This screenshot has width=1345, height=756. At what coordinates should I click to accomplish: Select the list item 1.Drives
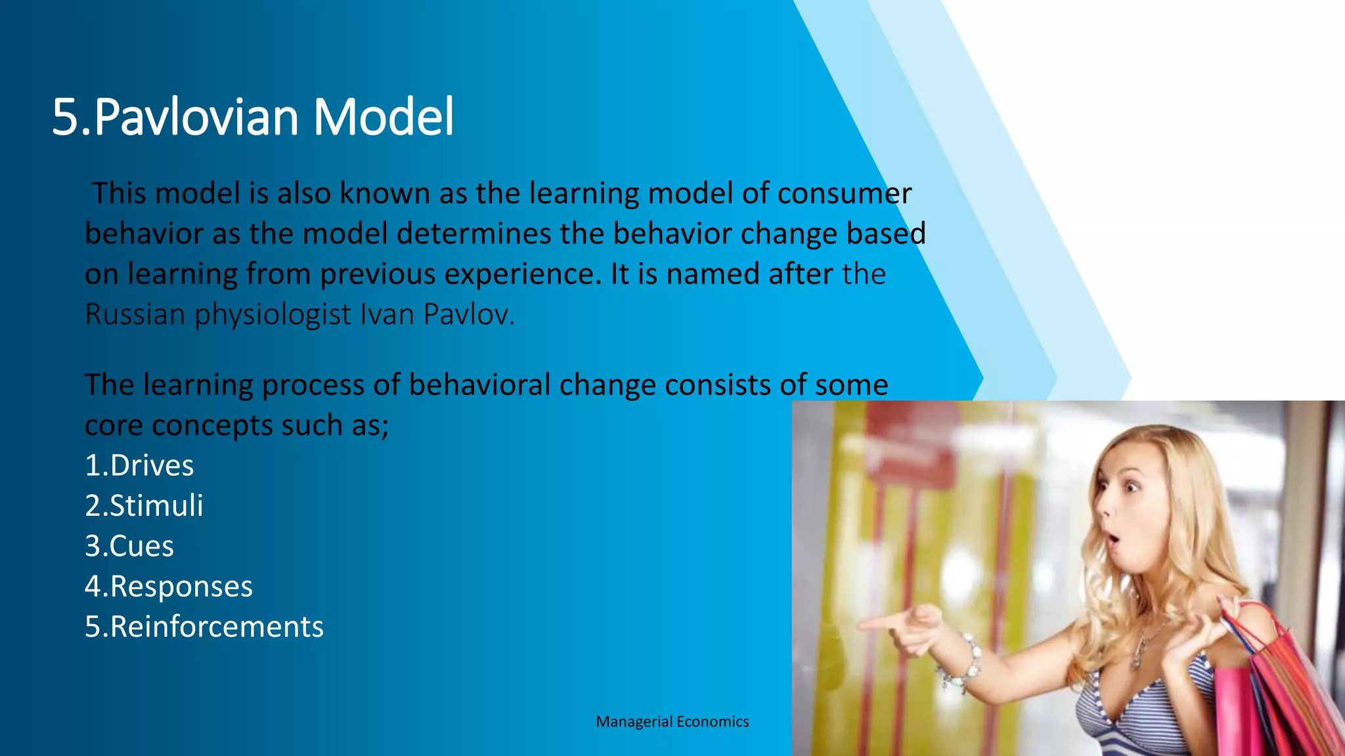(x=139, y=465)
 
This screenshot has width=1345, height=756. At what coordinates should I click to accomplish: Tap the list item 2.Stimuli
(x=144, y=506)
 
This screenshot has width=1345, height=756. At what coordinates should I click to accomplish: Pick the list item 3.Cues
(x=129, y=546)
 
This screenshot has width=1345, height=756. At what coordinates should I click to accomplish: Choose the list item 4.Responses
(x=168, y=587)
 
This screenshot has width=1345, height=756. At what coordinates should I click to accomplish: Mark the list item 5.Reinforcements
(x=204, y=627)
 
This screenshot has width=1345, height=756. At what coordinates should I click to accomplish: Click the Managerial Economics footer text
(x=672, y=722)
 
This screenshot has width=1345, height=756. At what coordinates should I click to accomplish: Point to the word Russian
(x=135, y=314)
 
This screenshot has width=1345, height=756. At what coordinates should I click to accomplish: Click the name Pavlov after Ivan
(x=468, y=314)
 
